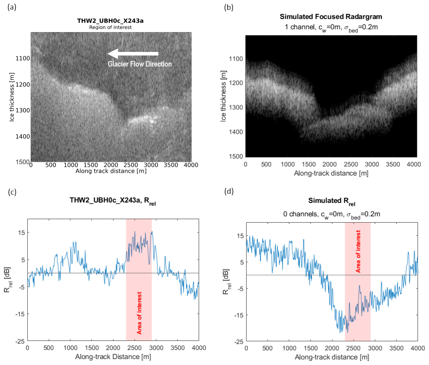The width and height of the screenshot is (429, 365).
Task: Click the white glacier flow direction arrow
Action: (x=133, y=54)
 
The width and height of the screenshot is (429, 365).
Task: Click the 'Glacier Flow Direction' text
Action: (x=140, y=64)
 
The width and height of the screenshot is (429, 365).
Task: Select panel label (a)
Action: (x=11, y=8)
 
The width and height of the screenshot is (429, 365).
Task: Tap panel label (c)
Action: (x=11, y=193)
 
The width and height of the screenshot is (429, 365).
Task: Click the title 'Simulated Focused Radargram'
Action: (x=331, y=17)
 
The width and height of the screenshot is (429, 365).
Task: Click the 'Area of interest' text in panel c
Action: (x=139, y=313)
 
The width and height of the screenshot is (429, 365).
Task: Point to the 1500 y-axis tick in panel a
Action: (x=24, y=162)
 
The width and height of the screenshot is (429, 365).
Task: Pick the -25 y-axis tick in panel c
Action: (x=19, y=341)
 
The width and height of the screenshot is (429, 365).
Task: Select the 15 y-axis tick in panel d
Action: (x=239, y=235)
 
